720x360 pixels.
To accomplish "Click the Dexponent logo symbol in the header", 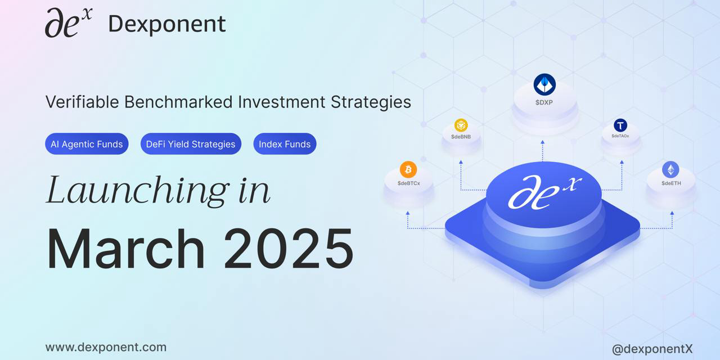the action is pos(69,22).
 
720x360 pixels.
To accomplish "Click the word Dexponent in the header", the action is pos(167,24).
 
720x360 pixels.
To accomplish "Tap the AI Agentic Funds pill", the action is pos(87,144).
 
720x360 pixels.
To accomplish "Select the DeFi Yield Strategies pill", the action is pos(191,144).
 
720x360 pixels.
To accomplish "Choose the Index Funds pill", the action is pos(285,144).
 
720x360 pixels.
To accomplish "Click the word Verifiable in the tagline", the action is pos(82,102).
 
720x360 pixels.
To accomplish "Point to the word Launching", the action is pos(138,191).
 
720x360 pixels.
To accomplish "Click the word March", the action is pos(125,249).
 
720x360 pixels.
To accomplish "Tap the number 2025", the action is pos(289,249).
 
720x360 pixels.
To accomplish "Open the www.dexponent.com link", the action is pos(106,347).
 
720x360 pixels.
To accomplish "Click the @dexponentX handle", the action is pos(652,349).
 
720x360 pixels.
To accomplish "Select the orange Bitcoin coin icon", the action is pos(408,169).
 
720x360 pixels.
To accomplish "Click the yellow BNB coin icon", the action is pos(461,125).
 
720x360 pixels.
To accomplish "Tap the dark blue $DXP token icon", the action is pos(544,84).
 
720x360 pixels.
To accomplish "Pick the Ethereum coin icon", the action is pos(671,169).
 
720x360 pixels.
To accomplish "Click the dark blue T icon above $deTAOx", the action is pos(620,125).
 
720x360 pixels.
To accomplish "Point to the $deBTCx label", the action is pos(409,183).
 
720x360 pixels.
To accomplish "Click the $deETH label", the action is pos(671,183).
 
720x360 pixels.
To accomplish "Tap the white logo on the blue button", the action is pos(544,192).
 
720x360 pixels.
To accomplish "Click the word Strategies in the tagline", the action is pos(371,102).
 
